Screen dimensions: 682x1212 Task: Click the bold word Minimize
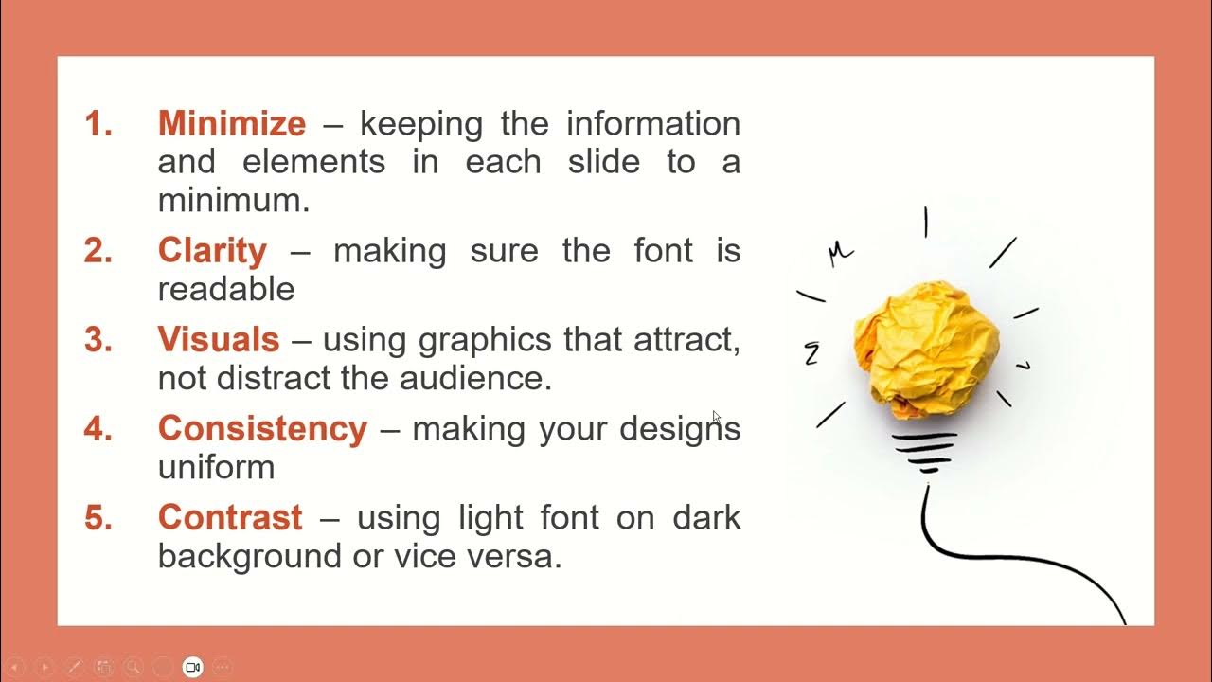231,124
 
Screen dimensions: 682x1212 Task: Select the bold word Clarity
212,251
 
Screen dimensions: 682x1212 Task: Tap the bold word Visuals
218,339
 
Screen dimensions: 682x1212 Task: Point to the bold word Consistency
262,428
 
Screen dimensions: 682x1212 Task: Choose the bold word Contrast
230,517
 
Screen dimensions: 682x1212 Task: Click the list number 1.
98,124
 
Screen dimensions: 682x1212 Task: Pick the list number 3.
98,339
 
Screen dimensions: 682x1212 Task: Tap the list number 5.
98,517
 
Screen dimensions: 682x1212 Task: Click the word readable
226,289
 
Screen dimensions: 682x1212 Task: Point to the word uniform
216,467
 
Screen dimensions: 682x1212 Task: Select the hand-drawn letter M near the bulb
840,253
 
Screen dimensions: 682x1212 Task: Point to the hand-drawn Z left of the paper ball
811,354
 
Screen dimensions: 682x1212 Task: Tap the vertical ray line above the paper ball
926,222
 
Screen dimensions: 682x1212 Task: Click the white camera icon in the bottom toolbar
193,667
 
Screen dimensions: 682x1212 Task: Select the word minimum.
233,201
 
